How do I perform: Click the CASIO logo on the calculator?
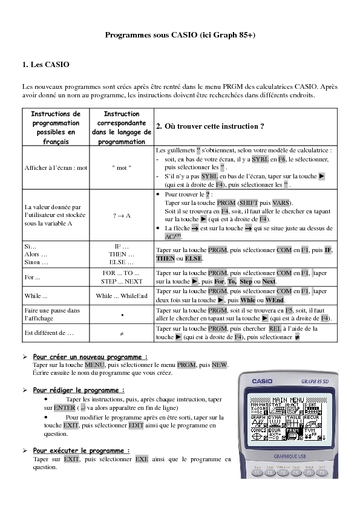[263, 381]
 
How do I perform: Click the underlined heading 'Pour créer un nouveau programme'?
[90, 357]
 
